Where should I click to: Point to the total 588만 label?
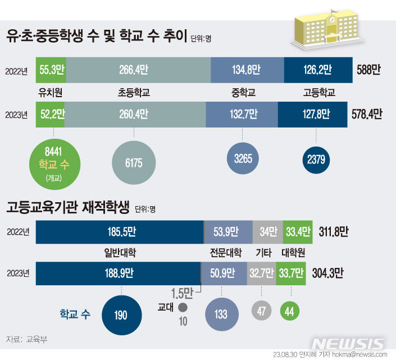[x=368, y=71]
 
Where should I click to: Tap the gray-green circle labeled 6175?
[x=134, y=162]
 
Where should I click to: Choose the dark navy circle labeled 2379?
[x=316, y=160]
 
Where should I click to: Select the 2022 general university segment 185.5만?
[x=119, y=231]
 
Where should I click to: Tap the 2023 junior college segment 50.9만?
[x=224, y=274]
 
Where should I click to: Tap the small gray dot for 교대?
[x=182, y=307]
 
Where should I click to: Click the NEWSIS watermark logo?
[x=349, y=343]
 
